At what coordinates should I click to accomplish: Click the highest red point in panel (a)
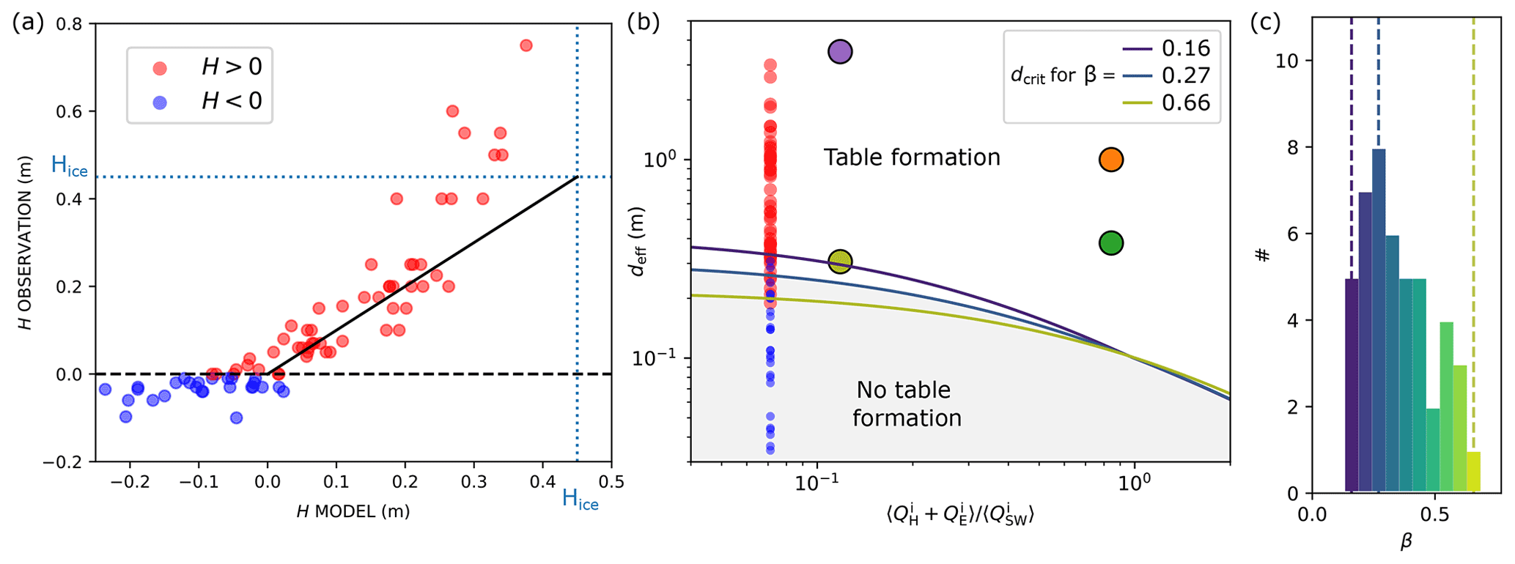pos(526,45)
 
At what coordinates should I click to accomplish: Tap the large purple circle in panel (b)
pos(840,52)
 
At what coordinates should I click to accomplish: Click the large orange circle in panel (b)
pos(1111,160)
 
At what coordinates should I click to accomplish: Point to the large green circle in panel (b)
pos(1111,243)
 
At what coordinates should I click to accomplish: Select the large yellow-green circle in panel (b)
pos(840,261)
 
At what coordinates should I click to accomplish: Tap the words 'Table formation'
pos(912,157)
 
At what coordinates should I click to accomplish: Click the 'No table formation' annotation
pos(906,404)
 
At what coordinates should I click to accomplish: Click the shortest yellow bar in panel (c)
pos(1474,472)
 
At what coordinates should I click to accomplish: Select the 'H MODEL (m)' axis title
pos(353,511)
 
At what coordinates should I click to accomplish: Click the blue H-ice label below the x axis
pos(580,500)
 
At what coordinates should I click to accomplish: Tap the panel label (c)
pos(1265,23)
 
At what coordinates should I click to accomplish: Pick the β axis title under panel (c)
pos(1405,543)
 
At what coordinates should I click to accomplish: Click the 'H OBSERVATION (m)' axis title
pos(26,242)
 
